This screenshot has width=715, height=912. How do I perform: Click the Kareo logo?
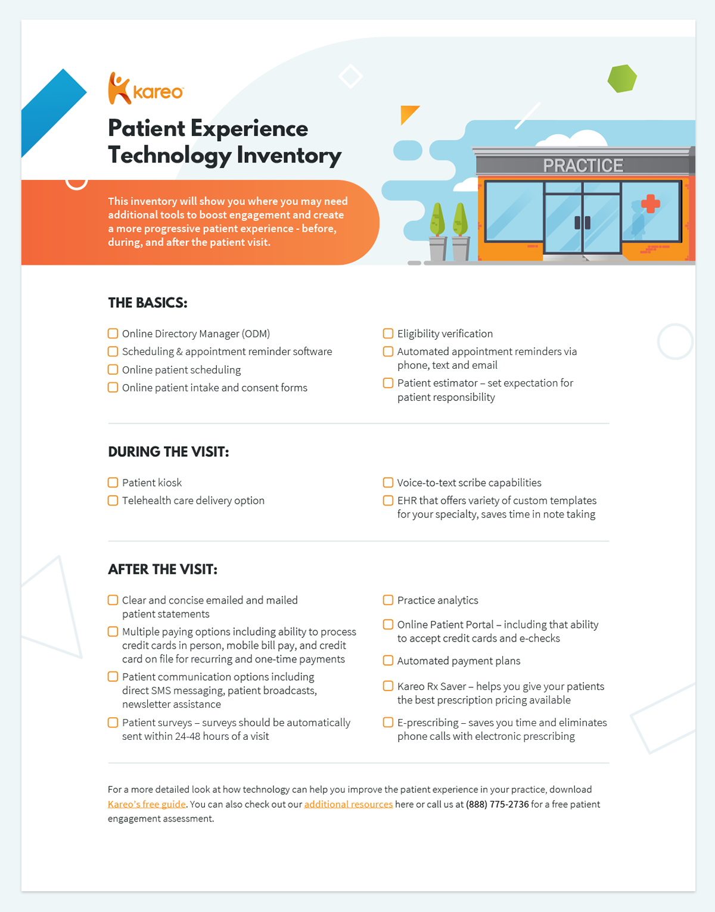(146, 89)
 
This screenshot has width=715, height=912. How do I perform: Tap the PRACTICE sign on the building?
(583, 165)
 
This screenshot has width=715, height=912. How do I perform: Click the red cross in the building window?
(650, 204)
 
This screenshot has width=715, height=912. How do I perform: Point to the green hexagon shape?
(622, 78)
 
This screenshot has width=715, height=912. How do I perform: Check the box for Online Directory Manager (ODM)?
(113, 334)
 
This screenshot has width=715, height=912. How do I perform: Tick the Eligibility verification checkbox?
(388, 334)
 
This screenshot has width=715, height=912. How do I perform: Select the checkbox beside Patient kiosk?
(113, 483)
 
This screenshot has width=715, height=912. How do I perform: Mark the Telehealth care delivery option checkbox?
(113, 500)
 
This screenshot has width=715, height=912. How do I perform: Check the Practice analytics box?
(388, 600)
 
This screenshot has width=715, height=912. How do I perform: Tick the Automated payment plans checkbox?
(388, 661)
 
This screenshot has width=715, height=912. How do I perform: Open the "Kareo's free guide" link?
(147, 804)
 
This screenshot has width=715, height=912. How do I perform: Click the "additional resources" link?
(349, 804)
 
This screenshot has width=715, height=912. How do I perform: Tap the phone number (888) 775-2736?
(497, 804)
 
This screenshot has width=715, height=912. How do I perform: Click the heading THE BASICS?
(148, 303)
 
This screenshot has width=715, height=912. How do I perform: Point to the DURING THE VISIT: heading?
(169, 452)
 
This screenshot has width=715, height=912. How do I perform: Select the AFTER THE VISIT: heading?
(163, 569)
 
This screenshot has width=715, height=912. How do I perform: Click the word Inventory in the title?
(289, 155)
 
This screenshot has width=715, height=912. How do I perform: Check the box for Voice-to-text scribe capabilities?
(388, 483)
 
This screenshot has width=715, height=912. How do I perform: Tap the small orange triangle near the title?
(408, 113)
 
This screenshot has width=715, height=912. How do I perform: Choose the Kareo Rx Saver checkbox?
(388, 686)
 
